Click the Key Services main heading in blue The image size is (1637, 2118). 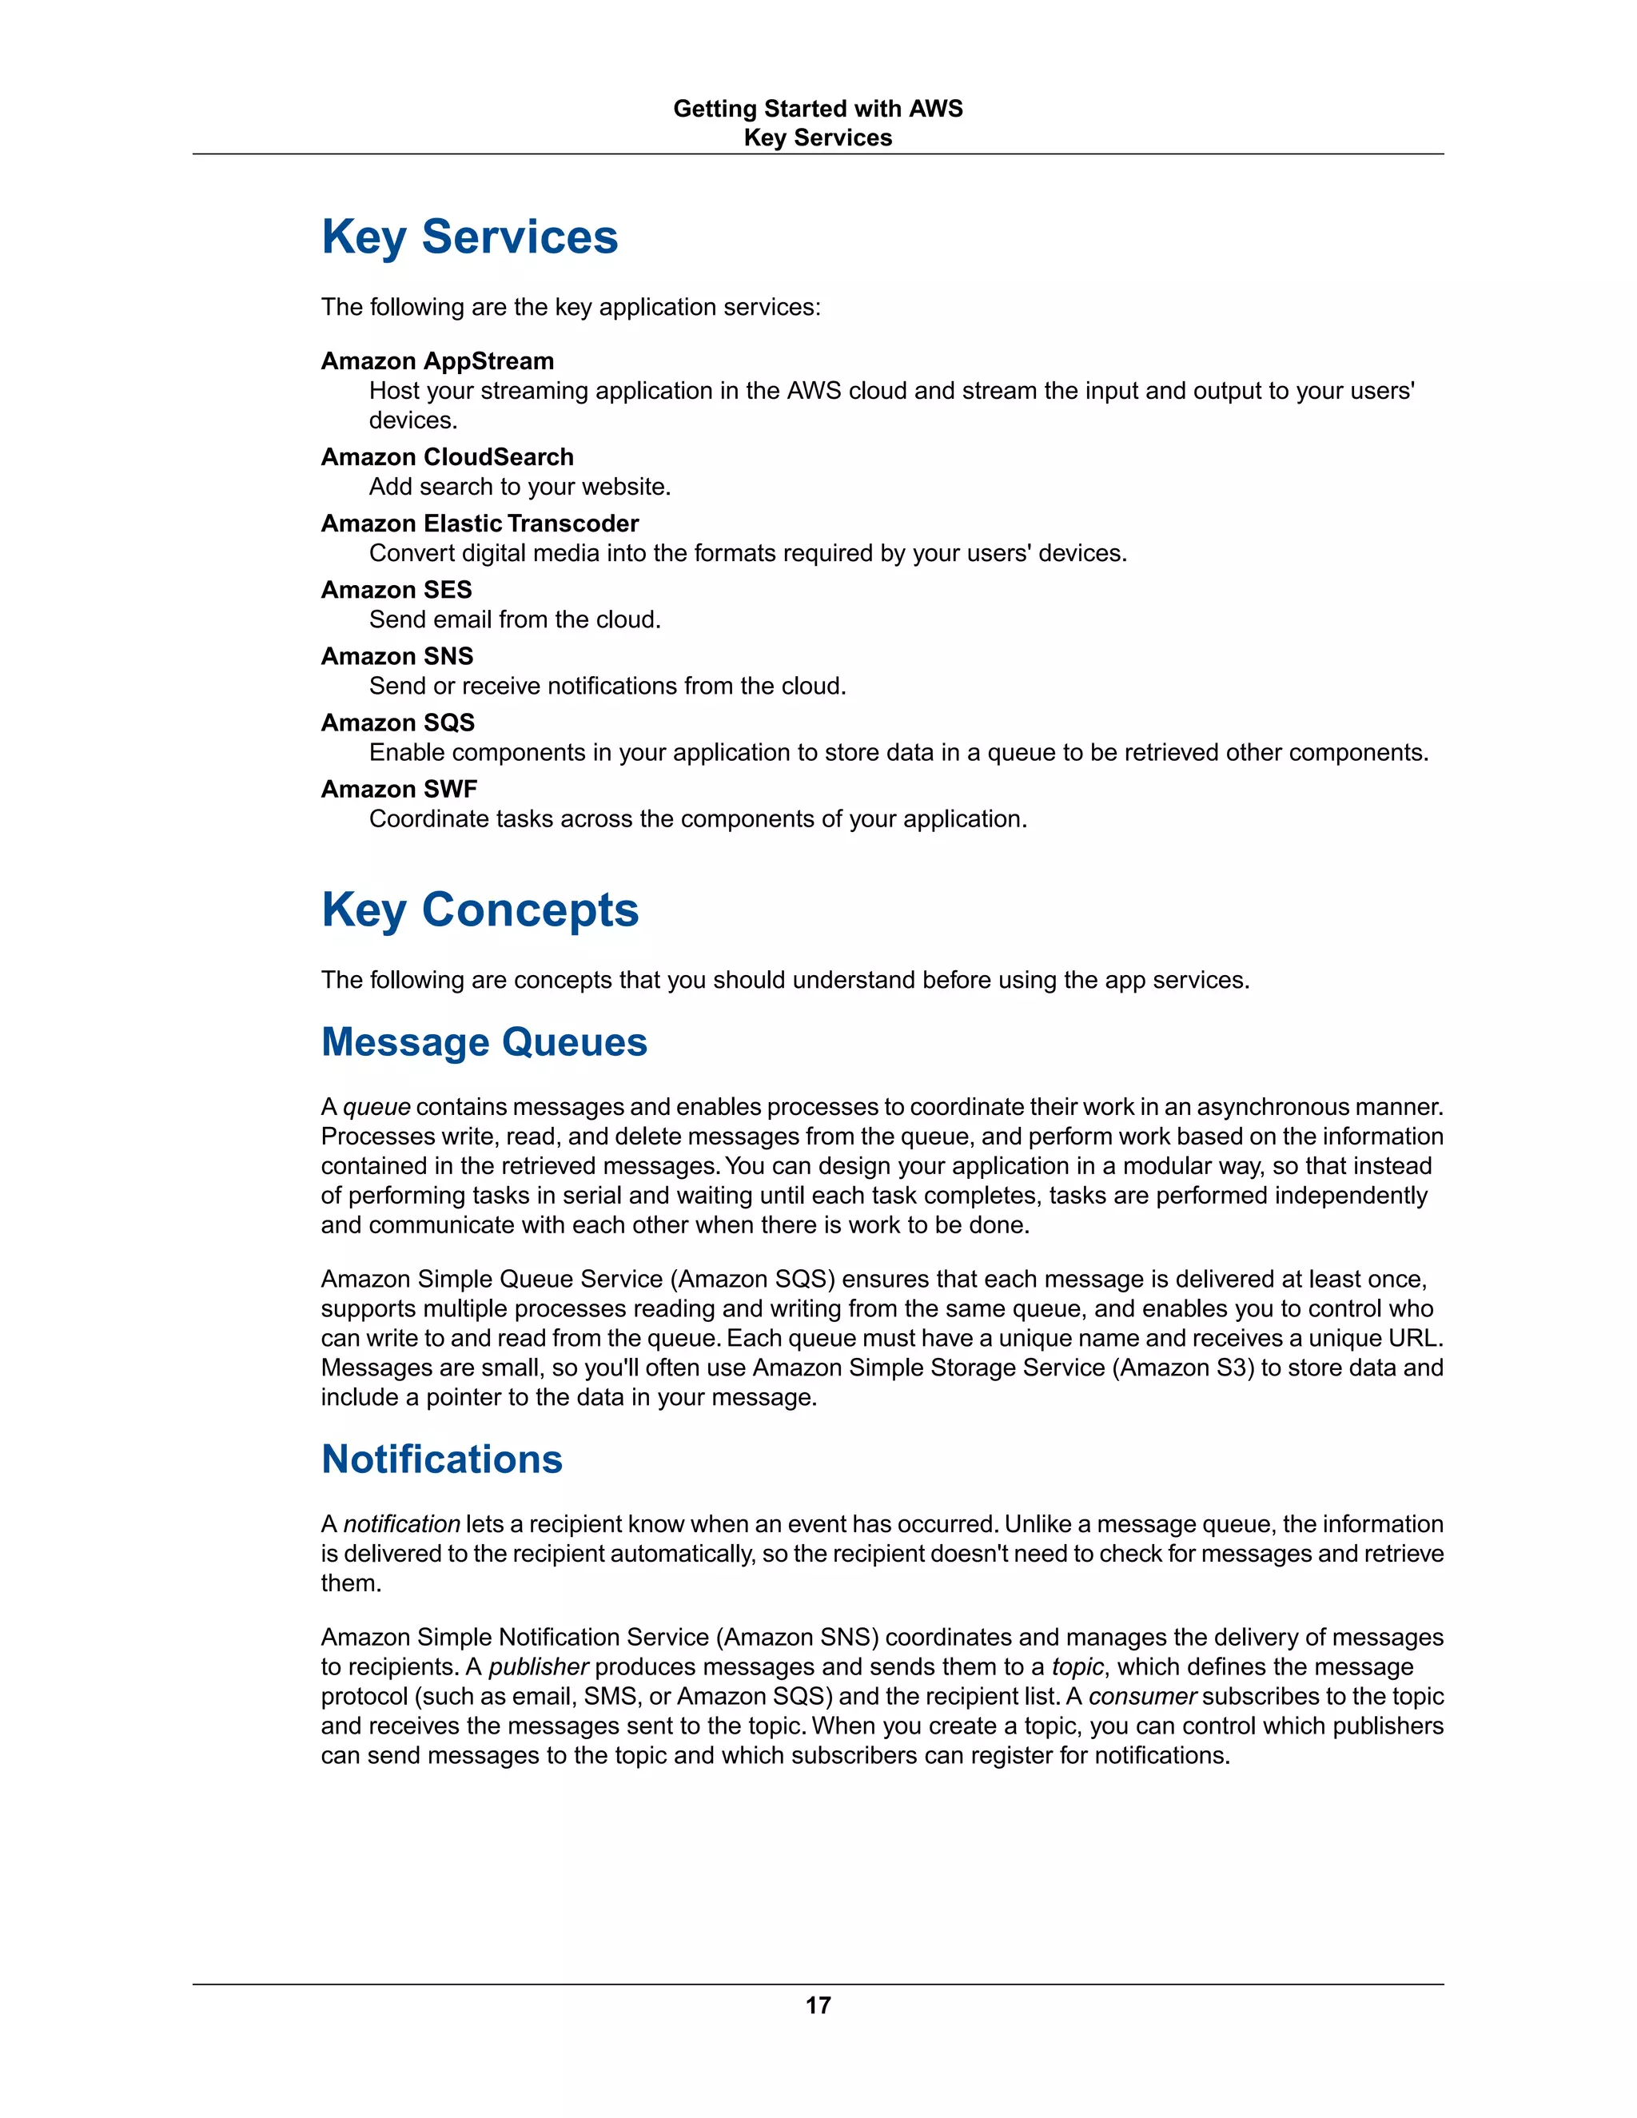tap(469, 237)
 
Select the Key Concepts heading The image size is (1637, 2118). tap(480, 910)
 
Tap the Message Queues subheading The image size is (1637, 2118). tap(484, 1042)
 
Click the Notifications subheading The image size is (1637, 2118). tap(441, 1459)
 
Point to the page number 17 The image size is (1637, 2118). tap(818, 2005)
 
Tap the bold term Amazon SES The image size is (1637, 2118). tap(396, 590)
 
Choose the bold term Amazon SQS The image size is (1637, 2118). tap(397, 723)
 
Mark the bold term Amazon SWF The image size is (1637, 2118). tap(399, 790)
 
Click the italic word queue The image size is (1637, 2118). tap(376, 1108)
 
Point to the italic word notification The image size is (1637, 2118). tap(401, 1524)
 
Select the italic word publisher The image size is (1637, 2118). tap(538, 1667)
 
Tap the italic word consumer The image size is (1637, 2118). tap(1142, 1696)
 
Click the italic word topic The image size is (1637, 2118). tap(1077, 1667)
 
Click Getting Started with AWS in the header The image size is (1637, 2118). tap(818, 109)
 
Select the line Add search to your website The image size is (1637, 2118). tap(520, 487)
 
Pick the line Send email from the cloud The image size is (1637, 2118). tap(515, 619)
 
